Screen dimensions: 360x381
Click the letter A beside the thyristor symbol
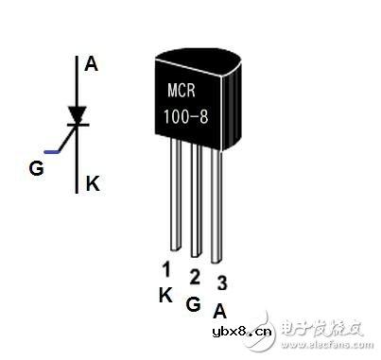91,64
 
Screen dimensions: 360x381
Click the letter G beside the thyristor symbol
37,170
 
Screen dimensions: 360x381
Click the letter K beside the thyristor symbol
93,183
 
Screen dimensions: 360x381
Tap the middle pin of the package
196,202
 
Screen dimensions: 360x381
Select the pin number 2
193,276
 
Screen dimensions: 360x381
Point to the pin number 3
221,283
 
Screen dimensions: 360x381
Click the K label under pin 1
165,294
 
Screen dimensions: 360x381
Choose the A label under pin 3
220,310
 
